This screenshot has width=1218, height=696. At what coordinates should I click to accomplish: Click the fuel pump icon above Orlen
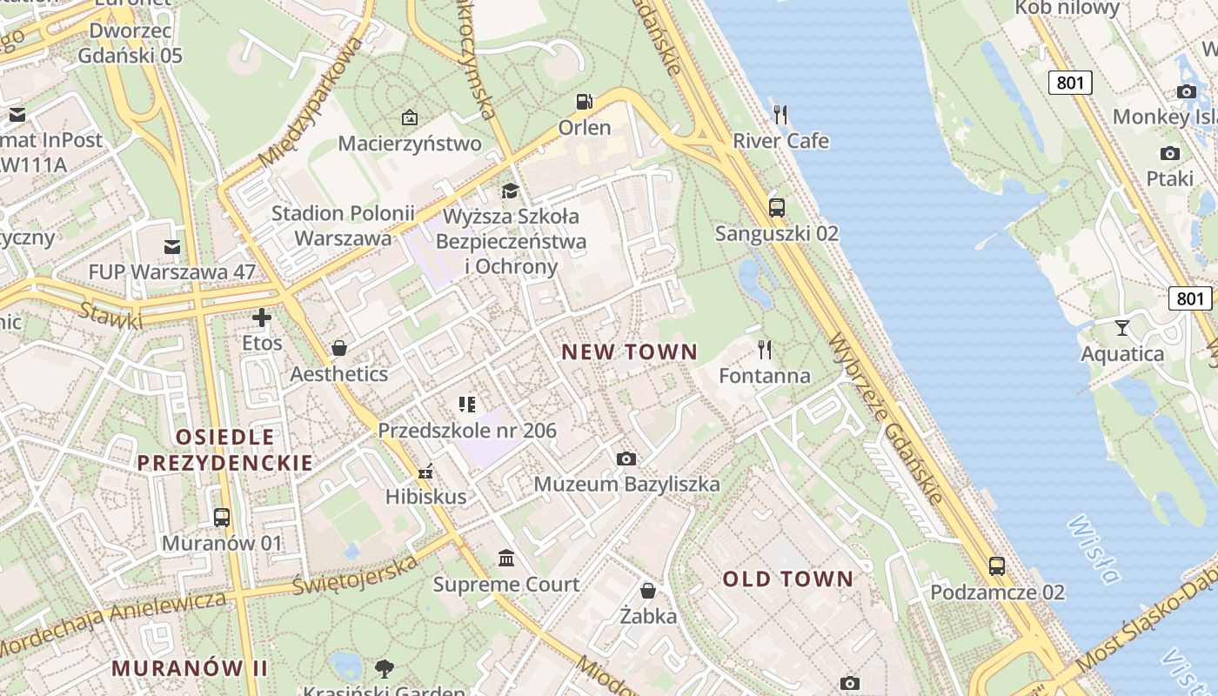(x=585, y=102)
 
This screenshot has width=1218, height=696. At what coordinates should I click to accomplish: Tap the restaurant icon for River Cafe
(x=780, y=114)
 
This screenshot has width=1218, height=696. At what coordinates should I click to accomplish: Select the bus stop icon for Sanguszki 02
(x=777, y=207)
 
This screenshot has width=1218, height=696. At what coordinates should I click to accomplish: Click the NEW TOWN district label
(x=629, y=351)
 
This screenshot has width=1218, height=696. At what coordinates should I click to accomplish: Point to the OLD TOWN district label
(x=788, y=579)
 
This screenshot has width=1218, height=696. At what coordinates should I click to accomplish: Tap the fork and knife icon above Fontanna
(x=765, y=350)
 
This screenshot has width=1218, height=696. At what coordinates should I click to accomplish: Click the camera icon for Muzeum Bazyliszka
(x=626, y=458)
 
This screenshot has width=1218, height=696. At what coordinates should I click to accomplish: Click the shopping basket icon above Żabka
(x=648, y=591)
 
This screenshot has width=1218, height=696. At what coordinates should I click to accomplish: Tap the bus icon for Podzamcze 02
(x=997, y=566)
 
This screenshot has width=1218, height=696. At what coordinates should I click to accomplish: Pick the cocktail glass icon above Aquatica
(x=1122, y=328)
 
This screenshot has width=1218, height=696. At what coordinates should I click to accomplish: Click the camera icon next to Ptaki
(x=1170, y=153)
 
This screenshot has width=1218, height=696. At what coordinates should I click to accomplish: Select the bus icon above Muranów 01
(x=222, y=518)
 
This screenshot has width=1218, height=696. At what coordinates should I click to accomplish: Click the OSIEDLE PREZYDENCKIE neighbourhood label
(x=224, y=449)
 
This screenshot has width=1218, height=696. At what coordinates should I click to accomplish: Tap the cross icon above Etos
(x=262, y=318)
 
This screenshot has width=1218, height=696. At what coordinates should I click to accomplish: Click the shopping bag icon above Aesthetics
(x=339, y=348)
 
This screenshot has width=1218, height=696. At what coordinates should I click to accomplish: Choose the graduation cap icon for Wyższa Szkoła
(x=510, y=191)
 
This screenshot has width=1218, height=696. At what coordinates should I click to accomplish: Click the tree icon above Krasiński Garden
(x=384, y=668)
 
